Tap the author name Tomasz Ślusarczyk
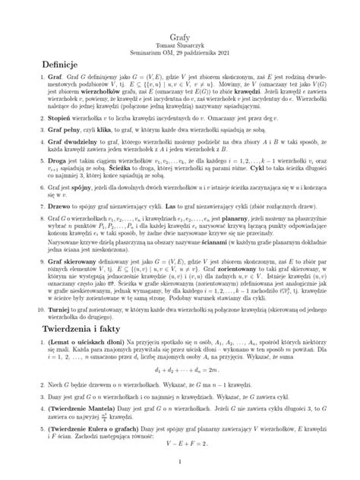click(x=180, y=25)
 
